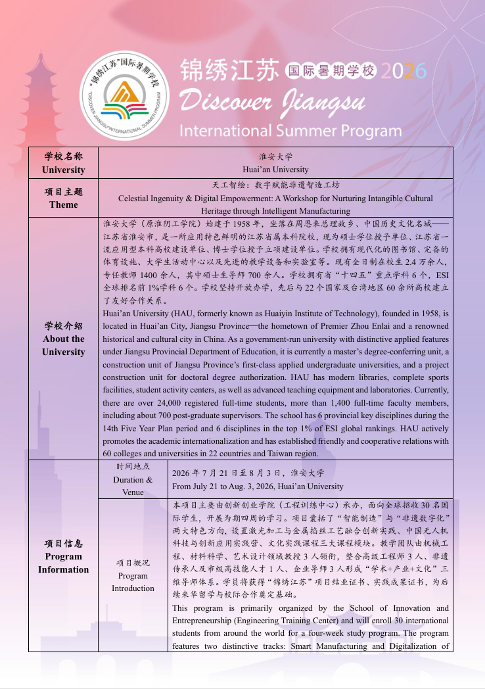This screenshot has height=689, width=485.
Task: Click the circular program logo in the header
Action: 126,95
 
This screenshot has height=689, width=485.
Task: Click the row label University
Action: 63,170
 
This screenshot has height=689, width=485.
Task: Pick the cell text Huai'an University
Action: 275,170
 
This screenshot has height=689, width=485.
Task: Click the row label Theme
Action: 63,204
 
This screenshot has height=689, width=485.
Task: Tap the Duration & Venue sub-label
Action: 133,486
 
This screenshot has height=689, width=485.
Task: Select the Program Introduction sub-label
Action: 133,575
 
